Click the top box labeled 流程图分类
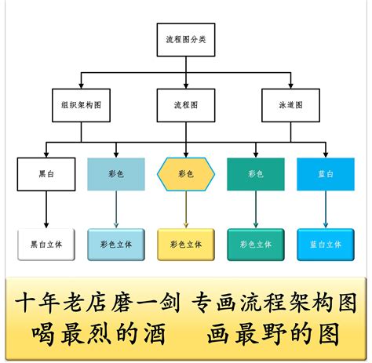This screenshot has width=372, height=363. pos(185,39)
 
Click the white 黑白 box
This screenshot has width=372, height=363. pos(46,174)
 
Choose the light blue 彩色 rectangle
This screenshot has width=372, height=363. pos(116,174)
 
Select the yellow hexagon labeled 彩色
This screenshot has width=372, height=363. pos(186,174)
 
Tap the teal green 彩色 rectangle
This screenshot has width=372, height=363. pos(256,174)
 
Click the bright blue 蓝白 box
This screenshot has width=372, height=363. pos(326,174)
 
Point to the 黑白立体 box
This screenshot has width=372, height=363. pos(46,244)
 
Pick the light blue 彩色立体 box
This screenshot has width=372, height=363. pos(116,244)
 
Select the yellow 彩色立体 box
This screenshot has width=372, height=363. pos(186,244)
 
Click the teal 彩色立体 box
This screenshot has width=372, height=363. pos(256,244)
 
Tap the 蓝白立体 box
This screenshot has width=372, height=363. pos(326,244)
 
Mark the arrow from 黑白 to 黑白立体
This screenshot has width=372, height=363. pos(46,209)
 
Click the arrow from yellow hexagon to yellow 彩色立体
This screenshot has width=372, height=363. pos(186,210)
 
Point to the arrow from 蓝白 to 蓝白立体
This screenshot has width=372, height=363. pos(326,209)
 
